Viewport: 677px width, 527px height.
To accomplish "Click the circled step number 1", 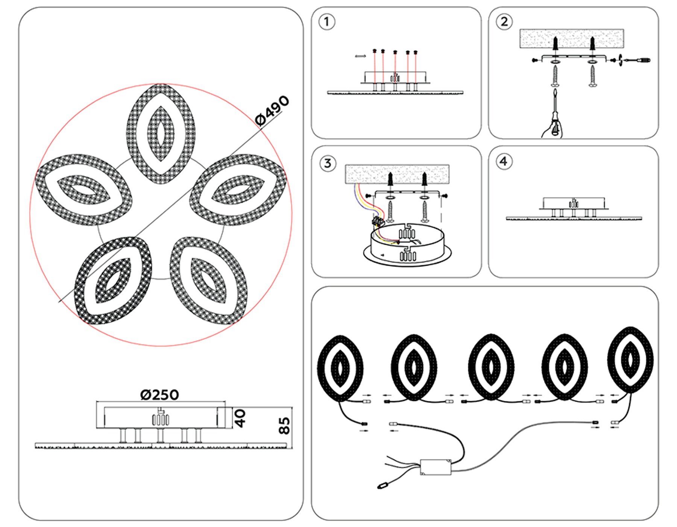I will pyautogui.click(x=326, y=22).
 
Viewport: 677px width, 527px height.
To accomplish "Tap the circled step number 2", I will pyautogui.click(x=504, y=22).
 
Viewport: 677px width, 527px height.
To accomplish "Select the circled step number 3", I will pyautogui.click(x=327, y=163).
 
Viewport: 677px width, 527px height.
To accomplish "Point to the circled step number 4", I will pyautogui.click(x=504, y=162).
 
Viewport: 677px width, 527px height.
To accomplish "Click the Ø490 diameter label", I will pyautogui.click(x=272, y=110).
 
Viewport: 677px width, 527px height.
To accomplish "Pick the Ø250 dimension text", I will pyautogui.click(x=159, y=395).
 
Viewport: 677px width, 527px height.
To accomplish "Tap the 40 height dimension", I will pyautogui.click(x=240, y=418).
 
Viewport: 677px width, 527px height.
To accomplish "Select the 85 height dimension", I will pyautogui.click(x=284, y=426).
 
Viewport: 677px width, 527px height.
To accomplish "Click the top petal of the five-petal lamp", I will pyautogui.click(x=161, y=134).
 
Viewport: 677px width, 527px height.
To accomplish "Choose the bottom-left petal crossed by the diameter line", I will pyautogui.click(x=113, y=280).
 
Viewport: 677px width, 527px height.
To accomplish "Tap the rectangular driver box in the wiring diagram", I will pyautogui.click(x=436, y=467).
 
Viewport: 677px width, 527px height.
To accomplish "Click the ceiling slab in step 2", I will pyautogui.click(x=571, y=38).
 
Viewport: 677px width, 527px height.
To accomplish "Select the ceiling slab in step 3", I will pyautogui.click(x=397, y=174).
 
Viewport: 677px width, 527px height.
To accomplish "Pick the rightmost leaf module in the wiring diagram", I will pyautogui.click(x=630, y=359).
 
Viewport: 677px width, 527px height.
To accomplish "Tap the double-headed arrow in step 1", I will pyautogui.click(x=360, y=56).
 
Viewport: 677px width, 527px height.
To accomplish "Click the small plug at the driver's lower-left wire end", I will pyautogui.click(x=383, y=486).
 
